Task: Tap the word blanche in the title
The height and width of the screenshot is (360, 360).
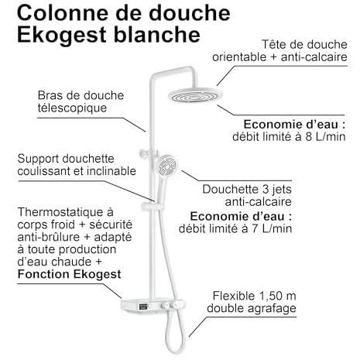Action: pos(157,34)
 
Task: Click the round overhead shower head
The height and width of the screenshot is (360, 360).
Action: pos(195,95)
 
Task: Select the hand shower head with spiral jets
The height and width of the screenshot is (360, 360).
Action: pos(167,165)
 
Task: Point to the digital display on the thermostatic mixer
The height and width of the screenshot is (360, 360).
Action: pos(143,307)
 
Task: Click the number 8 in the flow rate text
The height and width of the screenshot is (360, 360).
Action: pos(308,136)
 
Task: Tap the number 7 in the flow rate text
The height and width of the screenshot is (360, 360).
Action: pos(255,228)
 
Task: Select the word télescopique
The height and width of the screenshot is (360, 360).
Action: pos(72,108)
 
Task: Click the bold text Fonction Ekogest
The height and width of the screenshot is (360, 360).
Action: pos(69,274)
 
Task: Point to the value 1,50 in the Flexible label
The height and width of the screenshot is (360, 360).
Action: pos(267,296)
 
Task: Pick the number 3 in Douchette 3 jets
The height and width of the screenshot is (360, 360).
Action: pos(266,189)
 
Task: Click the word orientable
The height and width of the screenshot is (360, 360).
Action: pos(239,57)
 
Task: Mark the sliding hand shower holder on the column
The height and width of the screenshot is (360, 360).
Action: pos(151,207)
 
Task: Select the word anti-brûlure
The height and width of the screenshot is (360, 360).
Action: pos(49,237)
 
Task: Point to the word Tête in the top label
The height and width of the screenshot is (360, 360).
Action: pos(273,44)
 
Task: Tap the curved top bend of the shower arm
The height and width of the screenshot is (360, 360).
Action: pos(192,70)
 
